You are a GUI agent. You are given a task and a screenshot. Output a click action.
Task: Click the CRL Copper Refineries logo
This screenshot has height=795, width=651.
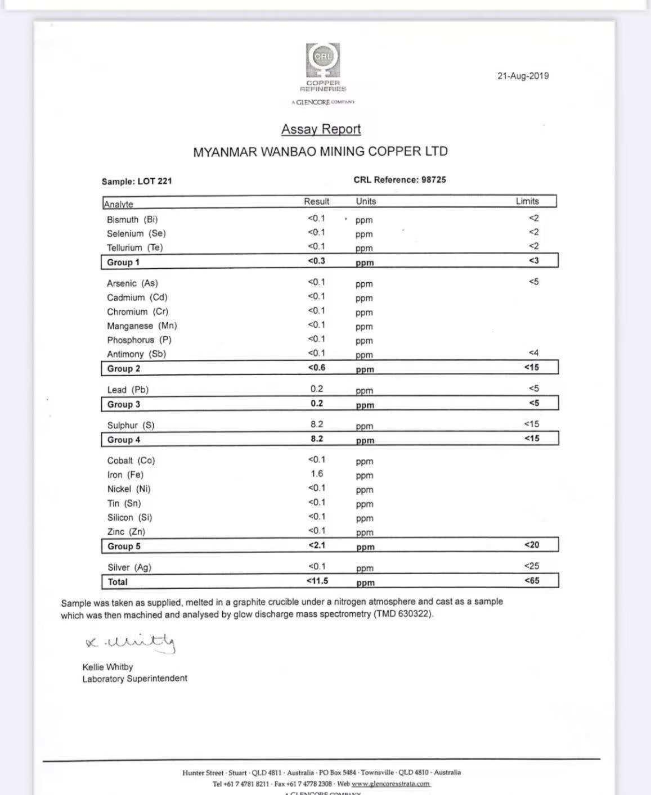[323, 67]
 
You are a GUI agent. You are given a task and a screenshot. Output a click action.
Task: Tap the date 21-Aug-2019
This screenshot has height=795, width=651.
[523, 76]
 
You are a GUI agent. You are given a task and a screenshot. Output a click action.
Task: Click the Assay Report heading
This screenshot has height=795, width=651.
[321, 129]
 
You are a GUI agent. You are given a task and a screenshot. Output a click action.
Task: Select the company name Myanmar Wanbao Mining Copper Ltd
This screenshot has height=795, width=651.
[320, 152]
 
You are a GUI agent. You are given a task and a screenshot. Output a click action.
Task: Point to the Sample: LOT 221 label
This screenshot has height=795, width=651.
[137, 181]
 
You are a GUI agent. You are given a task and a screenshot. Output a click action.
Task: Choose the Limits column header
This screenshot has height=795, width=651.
[527, 201]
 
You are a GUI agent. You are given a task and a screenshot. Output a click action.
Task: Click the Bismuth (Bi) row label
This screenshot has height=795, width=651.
[132, 220]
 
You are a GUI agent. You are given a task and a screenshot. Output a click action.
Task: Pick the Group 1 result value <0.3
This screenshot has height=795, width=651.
[316, 261]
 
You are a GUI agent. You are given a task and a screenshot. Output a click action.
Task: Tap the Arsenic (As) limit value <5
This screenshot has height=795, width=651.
[533, 282]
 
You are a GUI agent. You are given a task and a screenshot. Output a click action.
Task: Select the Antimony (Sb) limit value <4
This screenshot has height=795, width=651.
[533, 353]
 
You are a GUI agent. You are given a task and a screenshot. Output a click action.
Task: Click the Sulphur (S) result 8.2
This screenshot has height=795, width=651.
[317, 424]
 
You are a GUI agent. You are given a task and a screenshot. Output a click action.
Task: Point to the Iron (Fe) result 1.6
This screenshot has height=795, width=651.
[317, 474]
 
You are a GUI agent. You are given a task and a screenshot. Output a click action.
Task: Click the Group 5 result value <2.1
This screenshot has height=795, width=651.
[317, 545]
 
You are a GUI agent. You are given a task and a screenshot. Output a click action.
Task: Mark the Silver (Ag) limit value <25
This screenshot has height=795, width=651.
[531, 566]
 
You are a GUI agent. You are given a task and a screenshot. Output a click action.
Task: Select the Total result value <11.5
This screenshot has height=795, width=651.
[317, 581]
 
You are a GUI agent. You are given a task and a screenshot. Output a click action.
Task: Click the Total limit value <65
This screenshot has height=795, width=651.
[532, 581]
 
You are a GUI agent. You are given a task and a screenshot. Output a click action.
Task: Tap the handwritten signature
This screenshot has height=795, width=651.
[131, 642]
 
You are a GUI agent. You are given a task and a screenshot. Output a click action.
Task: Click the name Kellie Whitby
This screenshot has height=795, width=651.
[107, 667]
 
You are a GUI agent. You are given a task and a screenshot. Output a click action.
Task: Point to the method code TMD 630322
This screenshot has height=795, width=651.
[403, 615]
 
